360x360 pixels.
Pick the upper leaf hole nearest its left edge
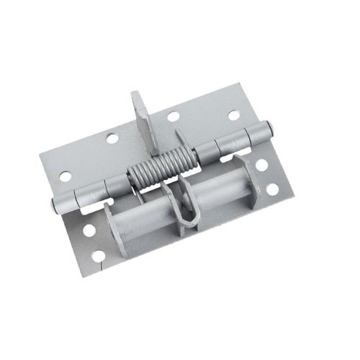[x=66, y=176]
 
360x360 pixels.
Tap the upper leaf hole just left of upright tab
[x=112, y=138]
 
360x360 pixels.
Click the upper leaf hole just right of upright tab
[x=173, y=117]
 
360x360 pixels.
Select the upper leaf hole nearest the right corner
[x=233, y=114]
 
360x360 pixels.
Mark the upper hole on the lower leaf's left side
[x=89, y=230]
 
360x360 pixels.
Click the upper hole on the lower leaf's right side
[x=261, y=164]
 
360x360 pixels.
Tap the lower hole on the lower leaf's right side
[x=272, y=189]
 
